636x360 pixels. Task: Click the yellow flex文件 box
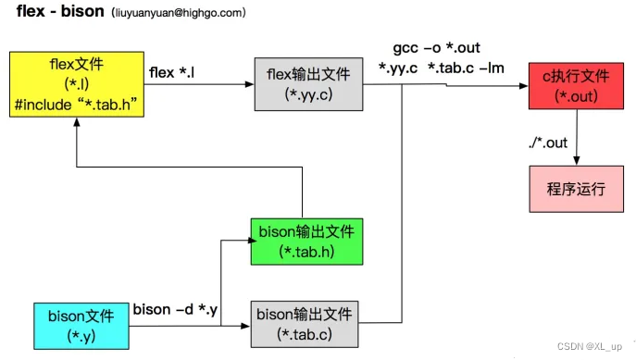point(73,83)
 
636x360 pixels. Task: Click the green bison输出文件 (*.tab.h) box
point(307,240)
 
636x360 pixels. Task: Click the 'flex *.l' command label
point(173,70)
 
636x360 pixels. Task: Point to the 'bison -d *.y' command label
point(175,309)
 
